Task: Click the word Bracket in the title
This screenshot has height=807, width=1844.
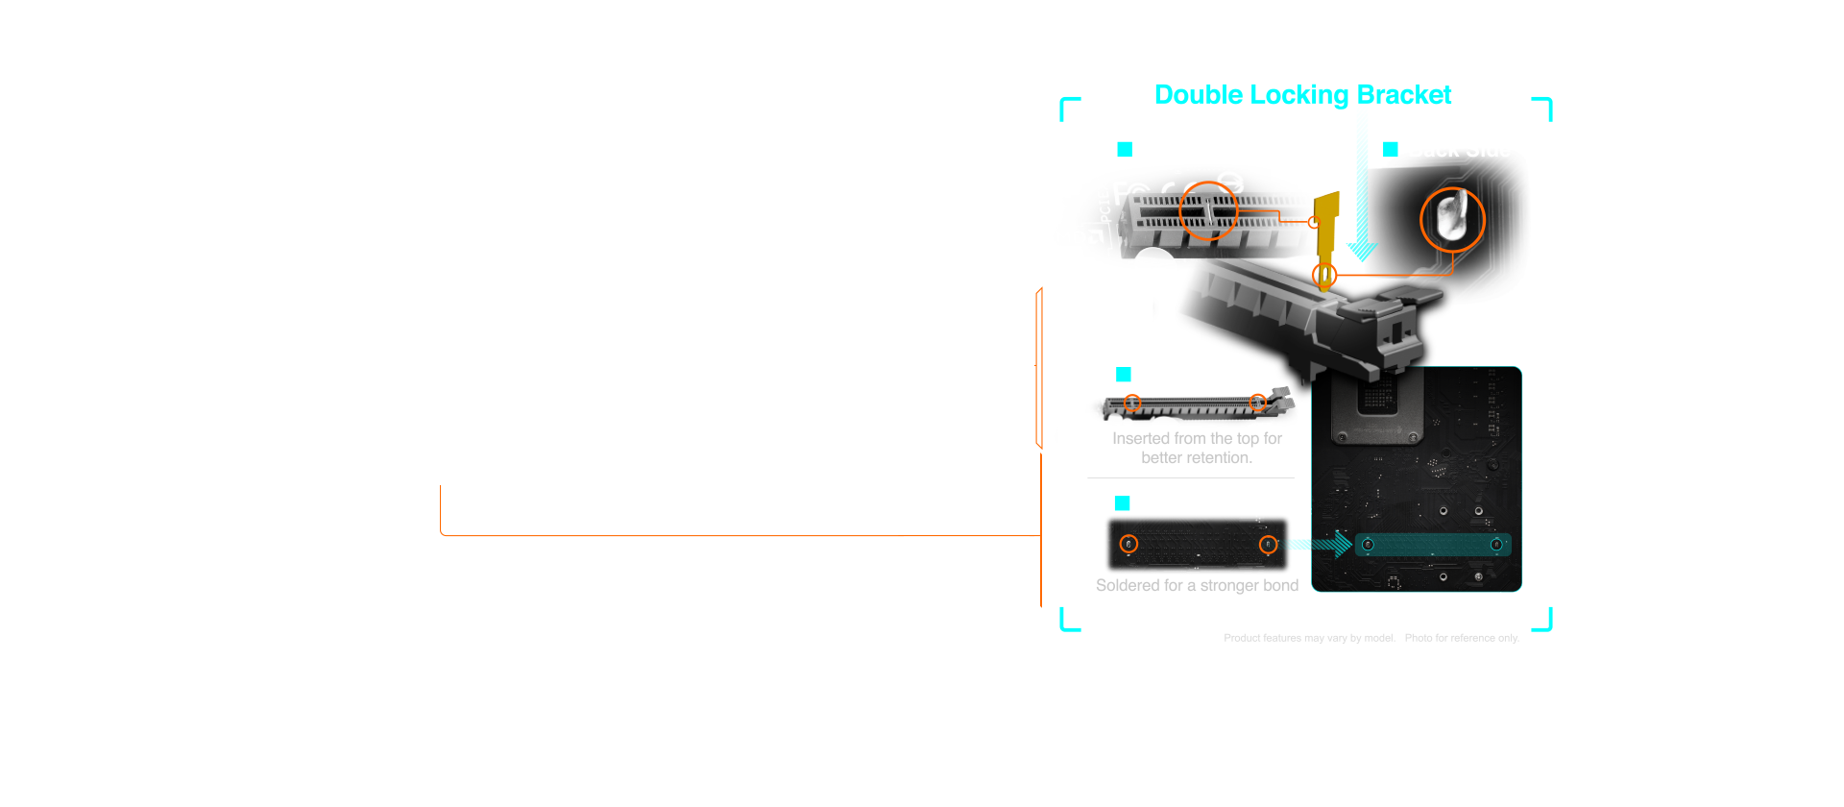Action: coord(1403,95)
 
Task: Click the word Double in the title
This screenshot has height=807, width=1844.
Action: coord(1198,95)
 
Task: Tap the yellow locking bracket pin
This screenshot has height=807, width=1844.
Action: coord(1326,231)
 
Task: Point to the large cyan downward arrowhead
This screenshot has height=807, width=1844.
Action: coord(1362,252)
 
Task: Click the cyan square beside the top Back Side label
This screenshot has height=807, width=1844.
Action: coord(1390,150)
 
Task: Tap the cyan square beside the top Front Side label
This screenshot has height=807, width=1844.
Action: coord(1125,150)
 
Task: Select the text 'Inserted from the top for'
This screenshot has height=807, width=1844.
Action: coord(1197,439)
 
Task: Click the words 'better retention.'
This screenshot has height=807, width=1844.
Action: coord(1197,458)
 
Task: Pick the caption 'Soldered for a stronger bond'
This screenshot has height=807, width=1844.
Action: coord(1197,586)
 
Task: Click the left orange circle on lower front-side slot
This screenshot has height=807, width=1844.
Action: coord(1132,403)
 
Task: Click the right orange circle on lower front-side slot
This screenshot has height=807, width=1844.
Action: coord(1257,402)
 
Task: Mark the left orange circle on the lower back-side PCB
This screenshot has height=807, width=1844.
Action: coord(1129,545)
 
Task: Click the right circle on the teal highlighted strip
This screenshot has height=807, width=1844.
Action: coord(1495,545)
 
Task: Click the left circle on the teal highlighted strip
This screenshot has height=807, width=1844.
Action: coord(1368,545)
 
